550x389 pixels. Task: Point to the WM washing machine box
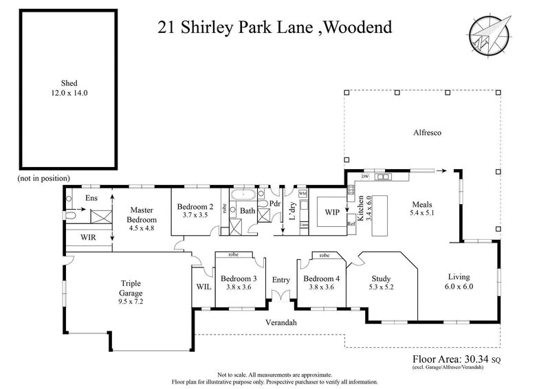click(303, 194)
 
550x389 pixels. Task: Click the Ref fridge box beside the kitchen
click(350, 224)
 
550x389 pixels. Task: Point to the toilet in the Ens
click(71, 214)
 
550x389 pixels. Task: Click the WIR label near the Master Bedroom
click(88, 237)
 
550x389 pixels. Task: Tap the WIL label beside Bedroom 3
click(203, 286)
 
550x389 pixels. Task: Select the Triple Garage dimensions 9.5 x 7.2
click(131, 300)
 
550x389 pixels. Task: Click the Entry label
click(281, 279)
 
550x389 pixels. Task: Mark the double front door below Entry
click(281, 296)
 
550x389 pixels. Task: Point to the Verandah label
click(282, 322)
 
